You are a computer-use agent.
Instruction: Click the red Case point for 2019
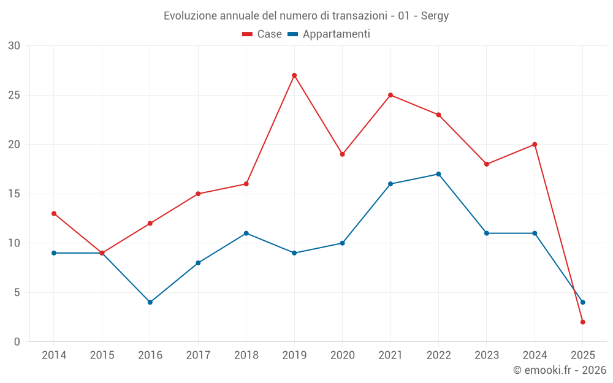click(294, 75)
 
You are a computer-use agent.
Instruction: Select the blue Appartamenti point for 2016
click(150, 302)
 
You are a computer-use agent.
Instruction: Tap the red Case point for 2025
click(582, 322)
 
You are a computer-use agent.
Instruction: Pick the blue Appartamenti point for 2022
click(438, 174)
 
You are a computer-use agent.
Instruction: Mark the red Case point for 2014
click(54, 213)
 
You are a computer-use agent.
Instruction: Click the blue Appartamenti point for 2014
click(54, 253)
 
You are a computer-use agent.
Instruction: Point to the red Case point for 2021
click(390, 95)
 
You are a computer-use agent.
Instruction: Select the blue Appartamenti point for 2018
click(246, 233)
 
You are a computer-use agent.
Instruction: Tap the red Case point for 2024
click(535, 145)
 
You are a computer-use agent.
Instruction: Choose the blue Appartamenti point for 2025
click(582, 302)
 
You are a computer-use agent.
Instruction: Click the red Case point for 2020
click(342, 154)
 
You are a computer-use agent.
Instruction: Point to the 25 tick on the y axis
click(14, 95)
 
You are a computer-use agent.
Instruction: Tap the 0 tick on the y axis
click(17, 342)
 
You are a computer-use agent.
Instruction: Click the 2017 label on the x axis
click(198, 355)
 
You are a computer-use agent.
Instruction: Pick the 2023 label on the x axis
click(487, 355)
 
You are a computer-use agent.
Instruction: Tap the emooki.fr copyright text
click(560, 370)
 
